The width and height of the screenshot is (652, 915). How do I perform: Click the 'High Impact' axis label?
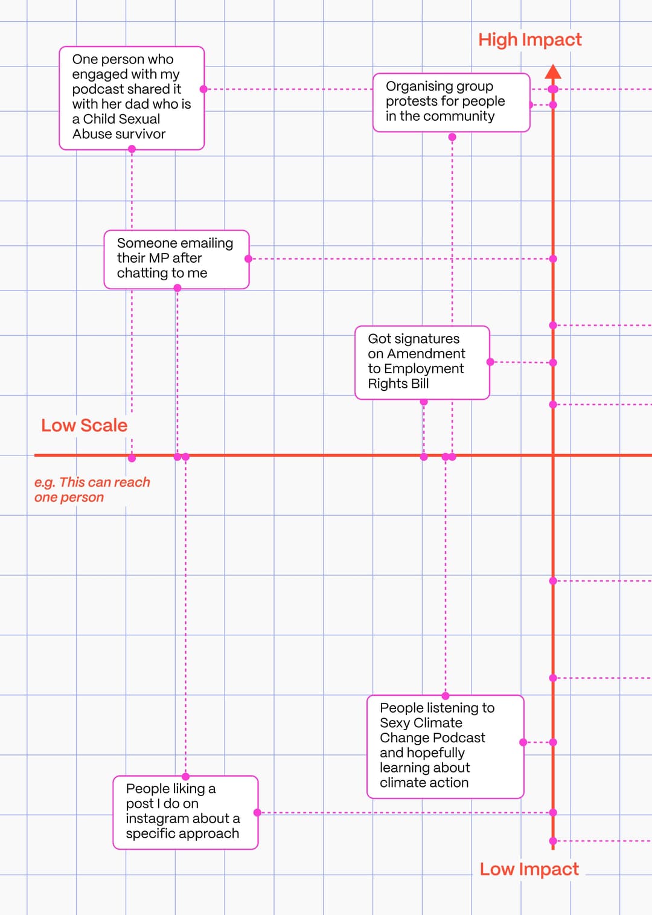point(529,40)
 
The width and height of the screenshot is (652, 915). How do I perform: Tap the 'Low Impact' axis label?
point(529,869)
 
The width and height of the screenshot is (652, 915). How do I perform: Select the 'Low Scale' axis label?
point(84,425)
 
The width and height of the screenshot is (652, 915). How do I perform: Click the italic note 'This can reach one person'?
point(92,490)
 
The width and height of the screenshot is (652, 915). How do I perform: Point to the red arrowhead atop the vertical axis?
point(553,72)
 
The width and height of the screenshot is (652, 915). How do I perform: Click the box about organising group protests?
point(451,102)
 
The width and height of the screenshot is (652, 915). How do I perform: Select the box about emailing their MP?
point(176,259)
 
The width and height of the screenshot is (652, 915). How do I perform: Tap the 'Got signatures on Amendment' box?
point(422,362)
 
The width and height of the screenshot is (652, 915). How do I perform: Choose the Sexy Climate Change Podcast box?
point(445,746)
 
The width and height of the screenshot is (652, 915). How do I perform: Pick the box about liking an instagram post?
point(185,812)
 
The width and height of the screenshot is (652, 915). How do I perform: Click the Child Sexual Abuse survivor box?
point(132,98)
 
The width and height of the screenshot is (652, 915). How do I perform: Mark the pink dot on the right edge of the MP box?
point(248,258)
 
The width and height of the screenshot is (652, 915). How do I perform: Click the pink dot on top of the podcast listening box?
point(446,696)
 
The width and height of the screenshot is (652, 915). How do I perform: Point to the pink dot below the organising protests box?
point(452,137)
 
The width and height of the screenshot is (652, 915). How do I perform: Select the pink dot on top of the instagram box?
point(185,777)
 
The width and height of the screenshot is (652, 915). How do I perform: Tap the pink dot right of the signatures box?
point(490,362)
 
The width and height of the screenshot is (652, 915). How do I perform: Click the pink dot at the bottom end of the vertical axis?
point(553,841)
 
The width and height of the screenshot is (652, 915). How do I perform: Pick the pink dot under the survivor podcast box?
point(132,149)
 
